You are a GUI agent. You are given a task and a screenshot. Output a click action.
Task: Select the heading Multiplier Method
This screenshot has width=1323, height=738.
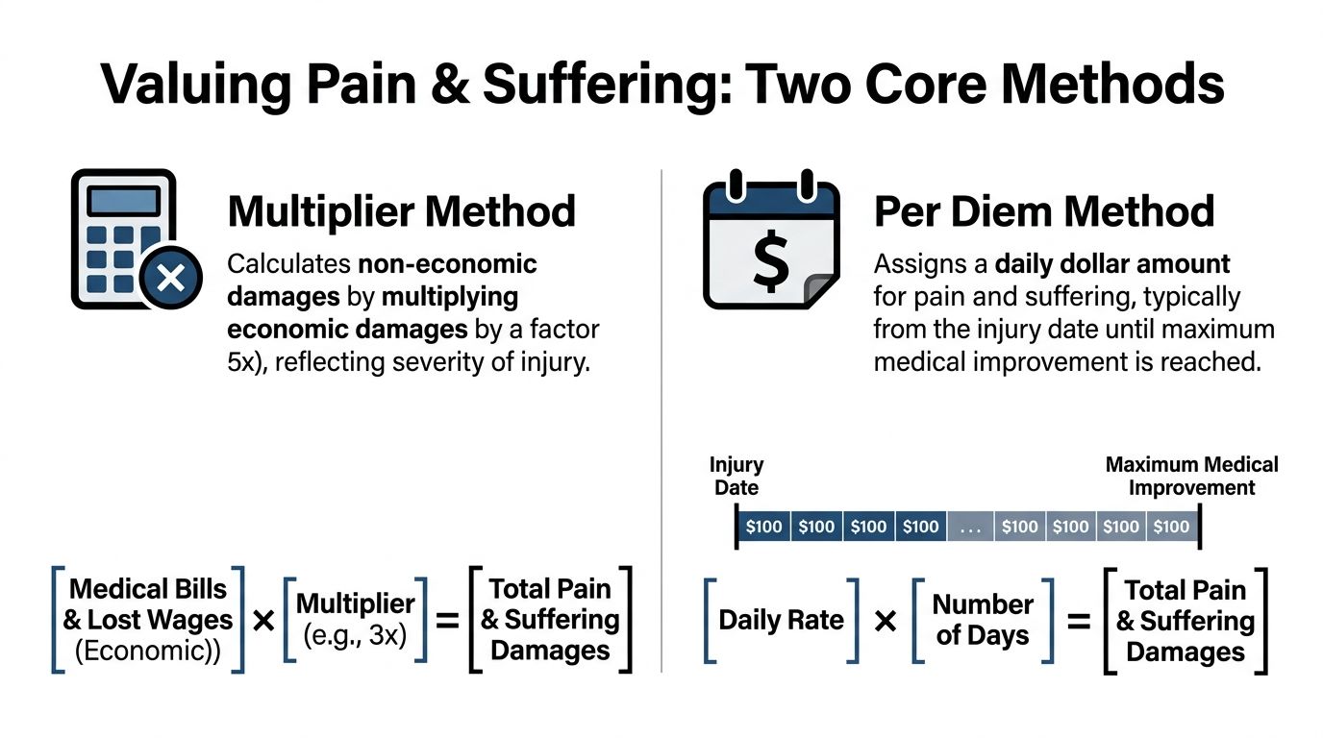[402, 211]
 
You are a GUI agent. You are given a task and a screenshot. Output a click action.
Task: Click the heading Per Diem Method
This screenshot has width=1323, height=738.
[1044, 211]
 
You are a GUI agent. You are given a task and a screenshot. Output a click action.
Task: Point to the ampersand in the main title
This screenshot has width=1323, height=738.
[442, 84]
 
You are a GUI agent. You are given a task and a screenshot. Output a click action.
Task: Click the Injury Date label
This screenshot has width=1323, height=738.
[736, 476]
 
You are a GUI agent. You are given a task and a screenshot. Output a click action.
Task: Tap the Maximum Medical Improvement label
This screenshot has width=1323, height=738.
[1191, 476]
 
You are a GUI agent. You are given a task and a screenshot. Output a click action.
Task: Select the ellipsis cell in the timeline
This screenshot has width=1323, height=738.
[970, 527]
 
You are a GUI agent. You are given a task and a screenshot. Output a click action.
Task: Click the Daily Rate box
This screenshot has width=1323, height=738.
[781, 620]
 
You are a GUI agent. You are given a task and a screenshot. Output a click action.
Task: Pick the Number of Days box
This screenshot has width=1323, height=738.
[982, 620]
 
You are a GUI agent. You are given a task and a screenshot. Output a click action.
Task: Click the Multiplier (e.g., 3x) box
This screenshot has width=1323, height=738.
[356, 620]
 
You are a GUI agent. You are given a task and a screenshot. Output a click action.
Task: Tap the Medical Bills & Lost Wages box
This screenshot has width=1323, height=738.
[148, 620]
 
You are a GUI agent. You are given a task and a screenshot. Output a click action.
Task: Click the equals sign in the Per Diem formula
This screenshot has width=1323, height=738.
[1079, 622]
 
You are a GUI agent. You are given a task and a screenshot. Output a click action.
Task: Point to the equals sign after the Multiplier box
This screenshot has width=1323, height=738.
[447, 621]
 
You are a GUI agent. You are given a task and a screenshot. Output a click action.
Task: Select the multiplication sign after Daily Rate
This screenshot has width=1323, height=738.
[886, 622]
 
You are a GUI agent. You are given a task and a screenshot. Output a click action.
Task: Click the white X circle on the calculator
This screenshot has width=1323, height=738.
[170, 278]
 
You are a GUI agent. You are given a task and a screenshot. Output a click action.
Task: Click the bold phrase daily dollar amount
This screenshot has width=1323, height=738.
[1112, 263]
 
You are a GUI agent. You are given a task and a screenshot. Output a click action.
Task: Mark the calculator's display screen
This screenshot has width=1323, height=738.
[123, 201]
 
